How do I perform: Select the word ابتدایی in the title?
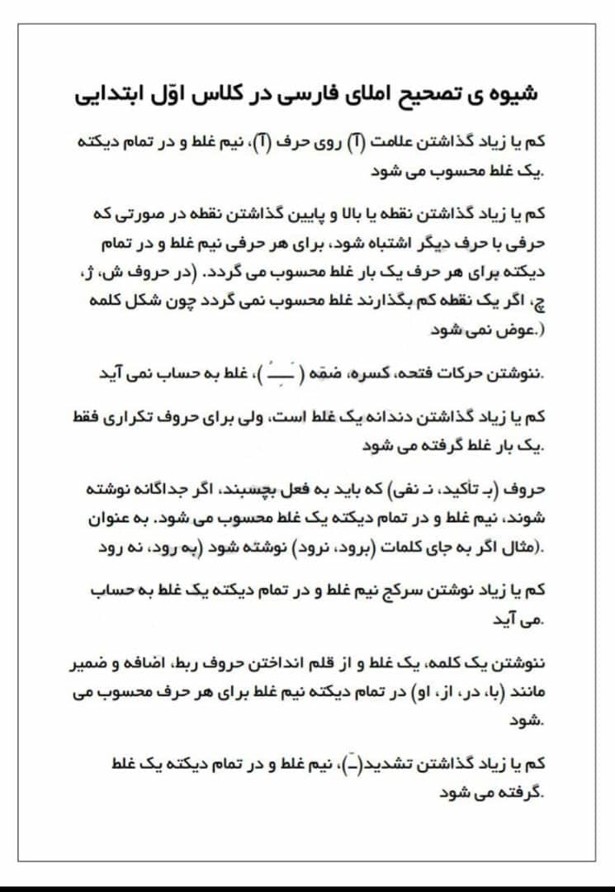click(x=111, y=94)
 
